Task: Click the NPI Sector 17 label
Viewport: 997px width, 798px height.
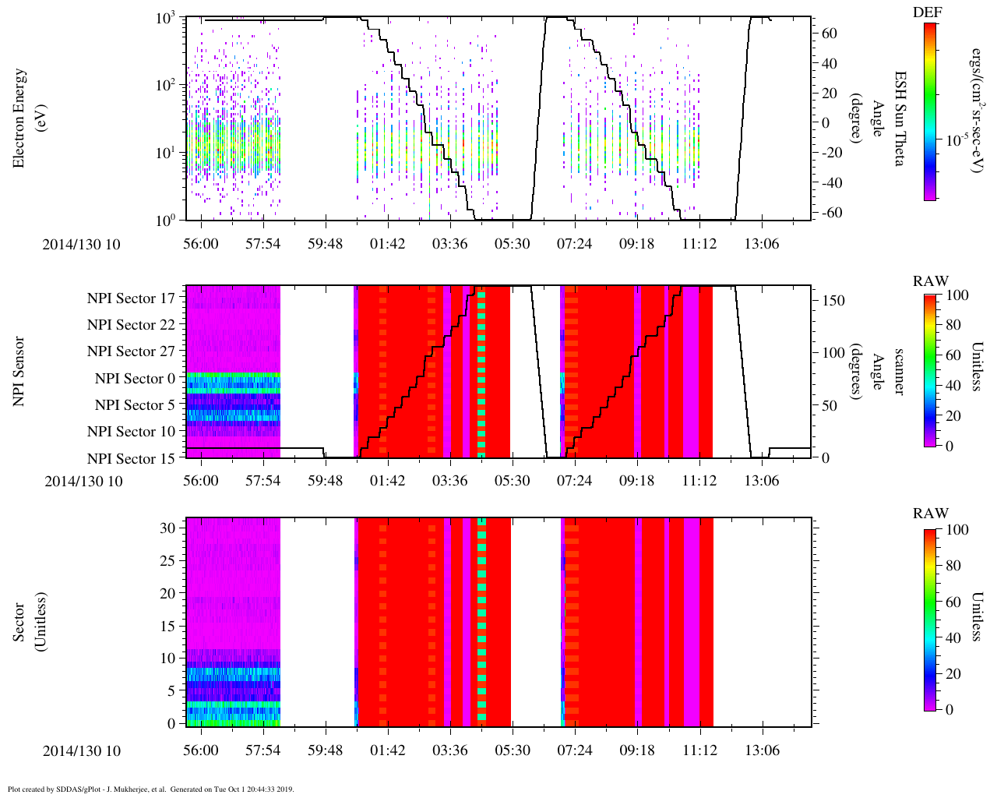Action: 131,298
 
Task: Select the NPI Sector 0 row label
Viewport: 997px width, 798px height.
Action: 135,379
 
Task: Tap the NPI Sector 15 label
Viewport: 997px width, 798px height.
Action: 131,459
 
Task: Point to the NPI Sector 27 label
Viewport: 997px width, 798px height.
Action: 131,351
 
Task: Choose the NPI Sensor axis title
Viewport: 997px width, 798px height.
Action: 19,371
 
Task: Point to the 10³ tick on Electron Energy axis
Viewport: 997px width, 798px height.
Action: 166,19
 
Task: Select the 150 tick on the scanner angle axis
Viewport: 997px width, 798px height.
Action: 834,300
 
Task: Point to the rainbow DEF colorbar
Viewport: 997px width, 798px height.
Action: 930,111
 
